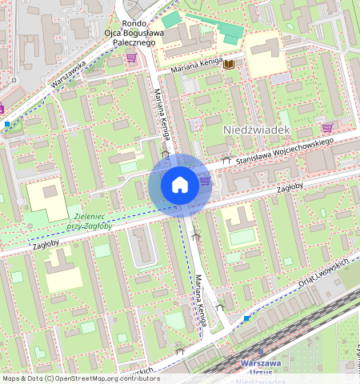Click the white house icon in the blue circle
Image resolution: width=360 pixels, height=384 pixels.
tap(180, 186)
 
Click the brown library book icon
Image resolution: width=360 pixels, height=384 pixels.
tap(230, 63)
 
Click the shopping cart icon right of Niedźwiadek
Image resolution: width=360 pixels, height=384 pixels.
tap(326, 127)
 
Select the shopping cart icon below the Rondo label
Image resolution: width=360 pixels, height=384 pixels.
tap(130, 58)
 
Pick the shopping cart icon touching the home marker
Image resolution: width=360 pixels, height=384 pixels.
tap(205, 181)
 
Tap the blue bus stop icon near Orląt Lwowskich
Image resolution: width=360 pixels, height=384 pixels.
tap(246, 318)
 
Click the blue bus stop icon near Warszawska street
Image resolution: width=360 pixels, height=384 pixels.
tap(7, 124)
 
